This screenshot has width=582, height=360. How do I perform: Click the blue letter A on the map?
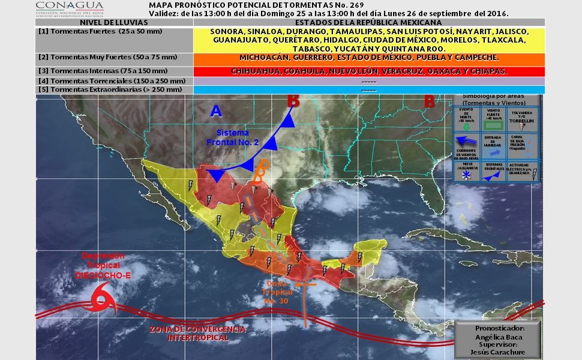tap(216, 110)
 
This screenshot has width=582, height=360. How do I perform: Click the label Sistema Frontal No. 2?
tap(232, 137)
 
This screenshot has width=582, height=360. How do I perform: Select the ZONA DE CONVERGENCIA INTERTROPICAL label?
tap(197, 334)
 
